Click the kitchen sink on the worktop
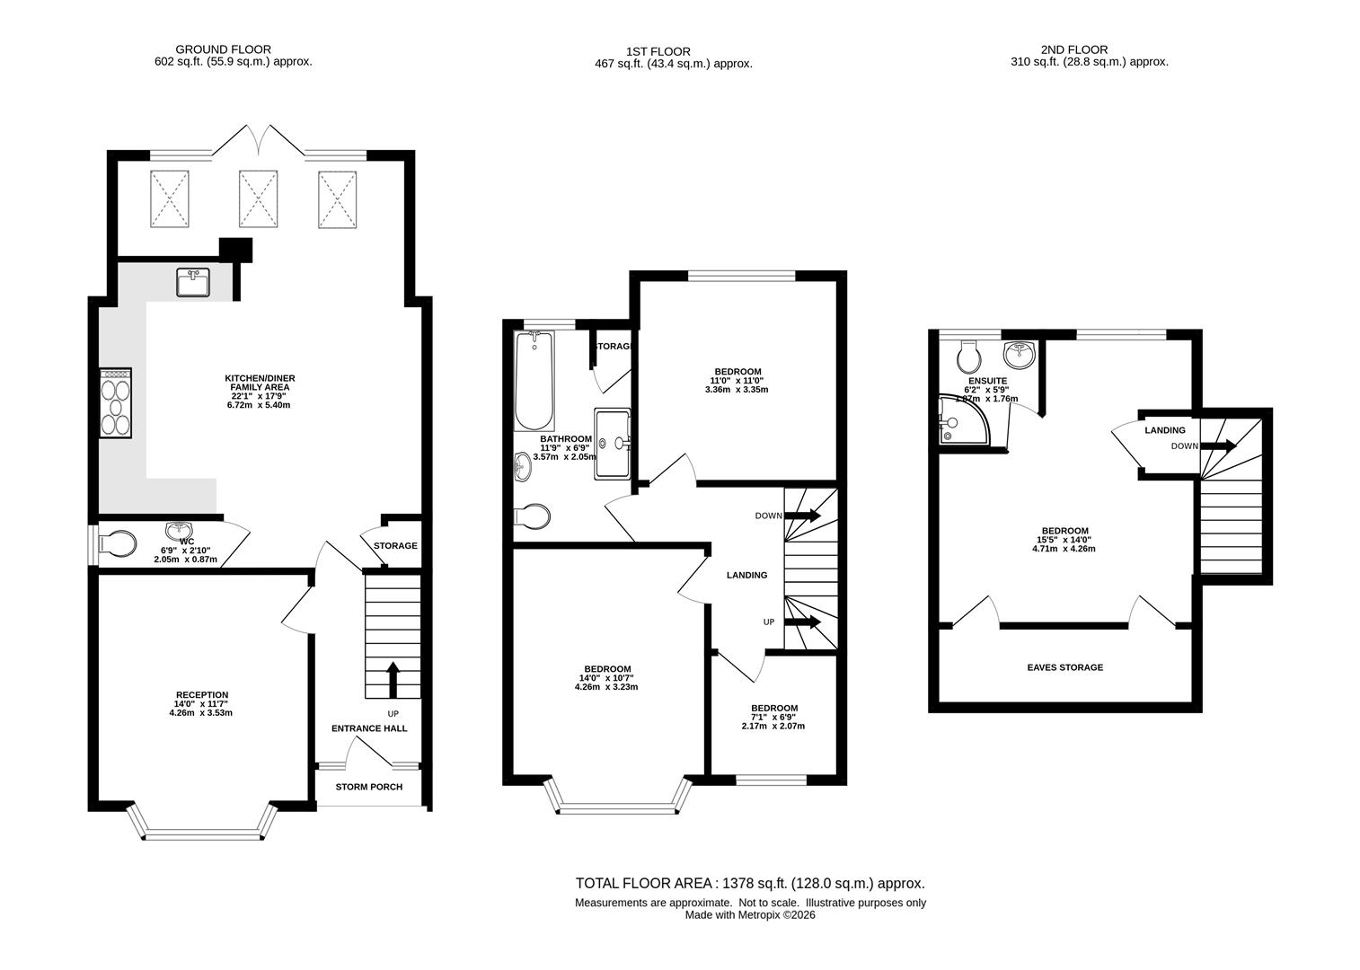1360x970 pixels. pyautogui.click(x=193, y=282)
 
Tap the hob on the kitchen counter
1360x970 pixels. pyautogui.click(x=116, y=401)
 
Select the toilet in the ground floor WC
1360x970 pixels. pyautogui.click(x=118, y=544)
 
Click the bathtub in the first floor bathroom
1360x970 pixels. pyautogui.click(x=534, y=381)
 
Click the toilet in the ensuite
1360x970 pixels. pyautogui.click(x=967, y=356)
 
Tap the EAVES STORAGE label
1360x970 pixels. pyautogui.click(x=1065, y=667)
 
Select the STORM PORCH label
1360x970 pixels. pyautogui.click(x=369, y=787)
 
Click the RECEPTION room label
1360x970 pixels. pyautogui.click(x=202, y=694)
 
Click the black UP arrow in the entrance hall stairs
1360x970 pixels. pyautogui.click(x=393, y=680)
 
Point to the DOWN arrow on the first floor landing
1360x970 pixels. pyautogui.click(x=803, y=516)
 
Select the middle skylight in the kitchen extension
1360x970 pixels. pyautogui.click(x=258, y=198)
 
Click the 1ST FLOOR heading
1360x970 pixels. pyautogui.click(x=658, y=51)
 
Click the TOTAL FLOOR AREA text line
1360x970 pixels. pyautogui.click(x=750, y=883)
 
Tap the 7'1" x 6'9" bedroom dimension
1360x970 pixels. pyautogui.click(x=773, y=716)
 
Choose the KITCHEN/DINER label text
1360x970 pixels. pyautogui.click(x=260, y=378)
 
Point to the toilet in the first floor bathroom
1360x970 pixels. pyautogui.click(x=532, y=516)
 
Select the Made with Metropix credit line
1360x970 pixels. pyautogui.click(x=750, y=915)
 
